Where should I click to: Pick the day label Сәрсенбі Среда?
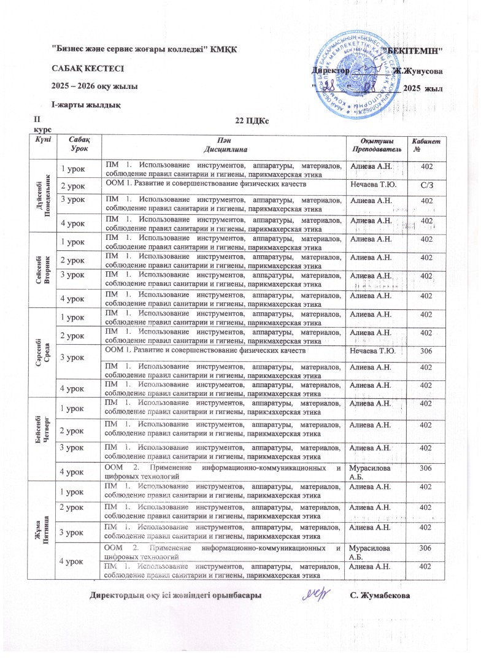(41, 341)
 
